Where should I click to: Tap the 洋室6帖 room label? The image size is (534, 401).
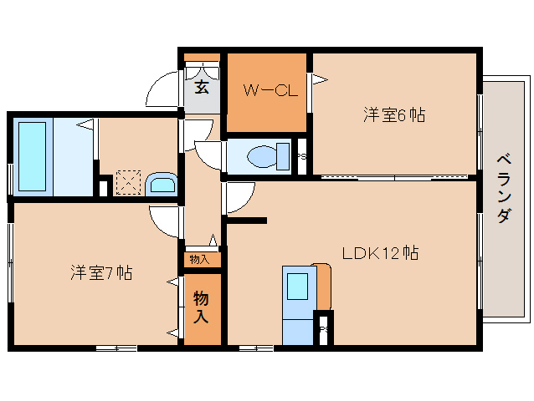coord(393,115)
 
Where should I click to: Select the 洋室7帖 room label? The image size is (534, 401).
coord(100,272)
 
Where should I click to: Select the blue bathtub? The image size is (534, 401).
coord(33,156)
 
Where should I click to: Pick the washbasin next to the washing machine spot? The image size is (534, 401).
coord(160,184)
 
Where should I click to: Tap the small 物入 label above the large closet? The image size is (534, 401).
coord(199,259)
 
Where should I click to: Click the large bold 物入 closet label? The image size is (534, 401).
coord(202,307)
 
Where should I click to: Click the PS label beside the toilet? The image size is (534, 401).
coord(301,156)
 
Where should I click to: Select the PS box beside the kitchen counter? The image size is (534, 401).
coord(323,327)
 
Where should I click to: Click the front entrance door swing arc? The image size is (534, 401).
coord(162,89)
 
